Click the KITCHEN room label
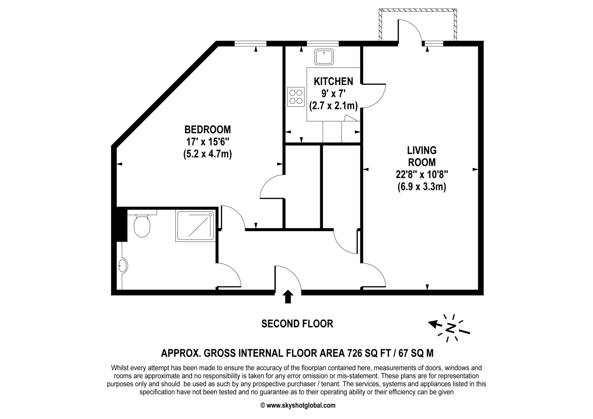pyautogui.click(x=334, y=81)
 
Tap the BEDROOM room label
pyautogui.click(x=208, y=129)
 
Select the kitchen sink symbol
pyautogui.click(x=324, y=57)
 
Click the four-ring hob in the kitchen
pyautogui.click(x=296, y=97)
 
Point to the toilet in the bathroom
pyautogui.click(x=142, y=224)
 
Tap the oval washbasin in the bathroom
pyautogui.click(x=123, y=265)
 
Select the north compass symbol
pyautogui.click(x=449, y=328)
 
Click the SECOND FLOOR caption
pyautogui.click(x=297, y=324)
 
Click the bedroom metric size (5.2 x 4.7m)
pyautogui.click(x=208, y=154)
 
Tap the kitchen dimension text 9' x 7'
pyautogui.click(x=334, y=93)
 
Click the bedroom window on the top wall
pyautogui.click(x=250, y=44)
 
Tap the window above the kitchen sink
pyautogui.click(x=323, y=44)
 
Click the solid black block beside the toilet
pyautogui.click(x=122, y=224)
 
